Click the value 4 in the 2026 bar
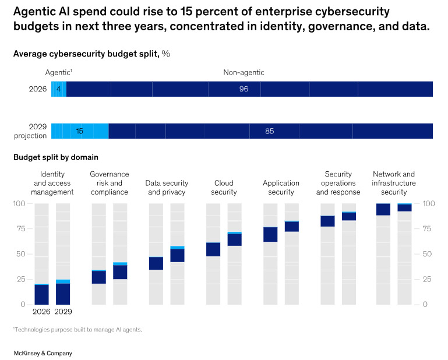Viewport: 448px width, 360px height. pyautogui.click(x=59, y=89)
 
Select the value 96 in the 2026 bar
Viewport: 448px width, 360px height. pyautogui.click(x=244, y=89)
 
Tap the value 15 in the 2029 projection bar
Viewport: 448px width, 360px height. pyautogui.click(x=79, y=131)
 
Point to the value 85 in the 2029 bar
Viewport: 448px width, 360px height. pyautogui.click(x=269, y=131)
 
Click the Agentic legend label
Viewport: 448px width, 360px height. pyautogui.click(x=59, y=73)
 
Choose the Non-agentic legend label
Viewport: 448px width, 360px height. pyautogui.click(x=244, y=73)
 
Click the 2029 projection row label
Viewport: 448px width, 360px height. pyautogui.click(x=30, y=131)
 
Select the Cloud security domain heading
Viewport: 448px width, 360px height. pyautogui.click(x=224, y=188)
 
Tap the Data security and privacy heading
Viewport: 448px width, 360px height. pyautogui.click(x=167, y=188)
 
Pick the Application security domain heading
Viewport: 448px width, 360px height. pyautogui.click(x=281, y=188)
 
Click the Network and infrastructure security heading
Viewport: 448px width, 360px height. pyautogui.click(x=394, y=183)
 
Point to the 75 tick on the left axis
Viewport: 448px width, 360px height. pyautogui.click(x=21, y=229)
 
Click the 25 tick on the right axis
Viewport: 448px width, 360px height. pyautogui.click(x=427, y=279)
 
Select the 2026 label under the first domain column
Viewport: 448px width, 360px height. pyautogui.click(x=41, y=312)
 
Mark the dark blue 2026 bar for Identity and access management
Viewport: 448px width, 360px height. pyautogui.click(x=42, y=295)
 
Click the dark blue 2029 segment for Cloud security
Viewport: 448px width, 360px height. pyautogui.click(x=235, y=240)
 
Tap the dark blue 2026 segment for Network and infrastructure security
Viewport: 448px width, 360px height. pyautogui.click(x=383, y=210)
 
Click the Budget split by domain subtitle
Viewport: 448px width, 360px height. pyautogui.click(x=56, y=157)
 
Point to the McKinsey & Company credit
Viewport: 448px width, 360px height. pyautogui.click(x=43, y=354)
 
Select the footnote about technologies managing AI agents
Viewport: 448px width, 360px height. pyautogui.click(x=77, y=330)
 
